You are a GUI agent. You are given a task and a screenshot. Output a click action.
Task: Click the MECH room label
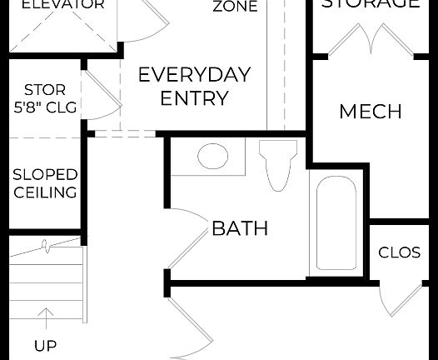[371, 112]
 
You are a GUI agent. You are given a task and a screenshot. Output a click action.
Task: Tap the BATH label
[240, 228]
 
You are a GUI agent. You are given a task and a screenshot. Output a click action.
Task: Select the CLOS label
[399, 252]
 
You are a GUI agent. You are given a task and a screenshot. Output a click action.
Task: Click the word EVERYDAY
[194, 74]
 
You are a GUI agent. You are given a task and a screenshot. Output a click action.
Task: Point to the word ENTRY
[194, 98]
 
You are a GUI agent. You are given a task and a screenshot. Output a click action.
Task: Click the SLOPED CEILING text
[44, 183]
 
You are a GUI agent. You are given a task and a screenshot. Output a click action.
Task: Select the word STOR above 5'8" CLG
[44, 89]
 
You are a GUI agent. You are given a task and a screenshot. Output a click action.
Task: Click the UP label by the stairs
[45, 345]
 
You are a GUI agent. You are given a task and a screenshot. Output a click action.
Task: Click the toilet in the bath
[277, 163]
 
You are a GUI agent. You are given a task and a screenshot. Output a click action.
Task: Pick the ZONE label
[235, 7]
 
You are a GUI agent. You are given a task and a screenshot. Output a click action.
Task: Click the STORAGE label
[371, 4]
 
